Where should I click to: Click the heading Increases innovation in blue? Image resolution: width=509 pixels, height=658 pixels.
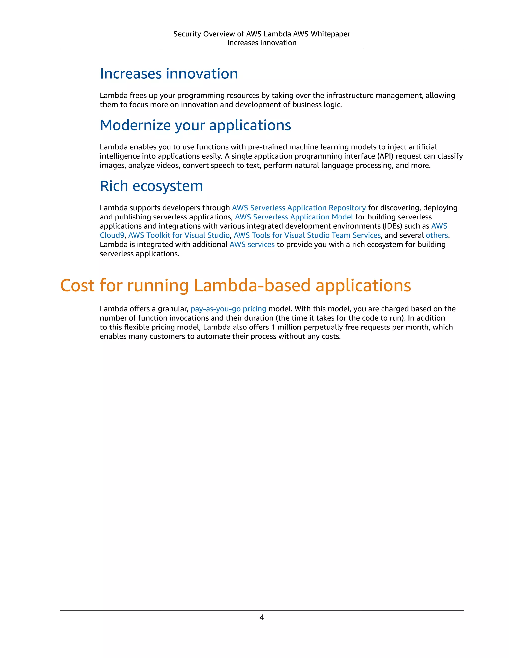[169, 74]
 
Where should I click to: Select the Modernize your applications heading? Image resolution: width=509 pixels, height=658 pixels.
[195, 125]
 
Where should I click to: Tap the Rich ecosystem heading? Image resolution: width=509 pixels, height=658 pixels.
[151, 186]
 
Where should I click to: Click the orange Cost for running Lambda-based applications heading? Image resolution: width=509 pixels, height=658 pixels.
[235, 285]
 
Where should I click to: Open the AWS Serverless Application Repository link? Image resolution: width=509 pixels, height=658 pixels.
[298, 208]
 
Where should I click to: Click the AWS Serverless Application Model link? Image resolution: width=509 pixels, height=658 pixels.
[294, 217]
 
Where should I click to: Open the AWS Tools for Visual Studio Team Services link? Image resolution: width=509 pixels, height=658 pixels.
[307, 235]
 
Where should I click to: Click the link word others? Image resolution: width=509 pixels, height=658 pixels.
[437, 235]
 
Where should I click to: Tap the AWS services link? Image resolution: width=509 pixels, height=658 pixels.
[252, 244]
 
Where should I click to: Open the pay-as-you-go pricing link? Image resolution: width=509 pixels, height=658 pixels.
[228, 309]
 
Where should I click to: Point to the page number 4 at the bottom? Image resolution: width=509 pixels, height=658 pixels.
[262, 617]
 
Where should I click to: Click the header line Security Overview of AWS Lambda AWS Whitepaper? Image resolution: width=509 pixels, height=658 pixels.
[262, 34]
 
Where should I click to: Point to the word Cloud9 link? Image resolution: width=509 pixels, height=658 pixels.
[112, 235]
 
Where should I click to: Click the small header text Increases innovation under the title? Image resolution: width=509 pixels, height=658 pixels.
[262, 43]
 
